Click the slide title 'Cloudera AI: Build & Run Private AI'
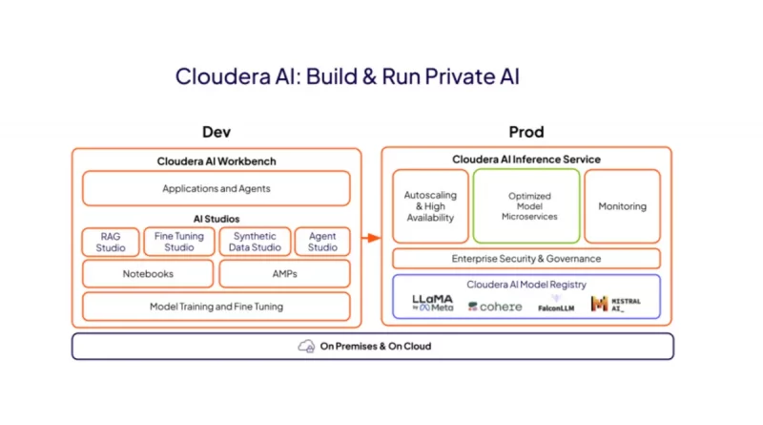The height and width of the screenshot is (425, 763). [347, 76]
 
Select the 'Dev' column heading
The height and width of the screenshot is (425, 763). [217, 132]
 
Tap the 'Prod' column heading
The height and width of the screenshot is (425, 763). [526, 132]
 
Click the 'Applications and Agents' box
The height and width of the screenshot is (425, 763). [217, 188]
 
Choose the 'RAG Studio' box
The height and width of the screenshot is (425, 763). [111, 242]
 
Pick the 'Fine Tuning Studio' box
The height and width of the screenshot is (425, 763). [179, 242]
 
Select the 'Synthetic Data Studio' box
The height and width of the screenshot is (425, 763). [254, 242]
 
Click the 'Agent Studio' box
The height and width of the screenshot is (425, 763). [322, 242]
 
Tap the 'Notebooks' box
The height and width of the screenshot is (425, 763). [148, 274]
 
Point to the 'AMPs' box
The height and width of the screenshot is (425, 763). [284, 274]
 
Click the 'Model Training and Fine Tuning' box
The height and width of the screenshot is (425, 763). [217, 307]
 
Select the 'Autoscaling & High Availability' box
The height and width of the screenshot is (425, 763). [431, 206]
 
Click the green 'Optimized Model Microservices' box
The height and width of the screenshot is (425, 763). [528, 206]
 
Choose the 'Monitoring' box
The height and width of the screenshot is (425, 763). [622, 206]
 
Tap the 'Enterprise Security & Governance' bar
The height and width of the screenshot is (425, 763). [526, 259]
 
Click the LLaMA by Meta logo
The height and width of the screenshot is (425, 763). [432, 304]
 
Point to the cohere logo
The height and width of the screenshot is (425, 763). [495, 307]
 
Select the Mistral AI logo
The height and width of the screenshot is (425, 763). [615, 304]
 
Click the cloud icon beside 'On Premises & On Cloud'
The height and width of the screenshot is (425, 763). [306, 346]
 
